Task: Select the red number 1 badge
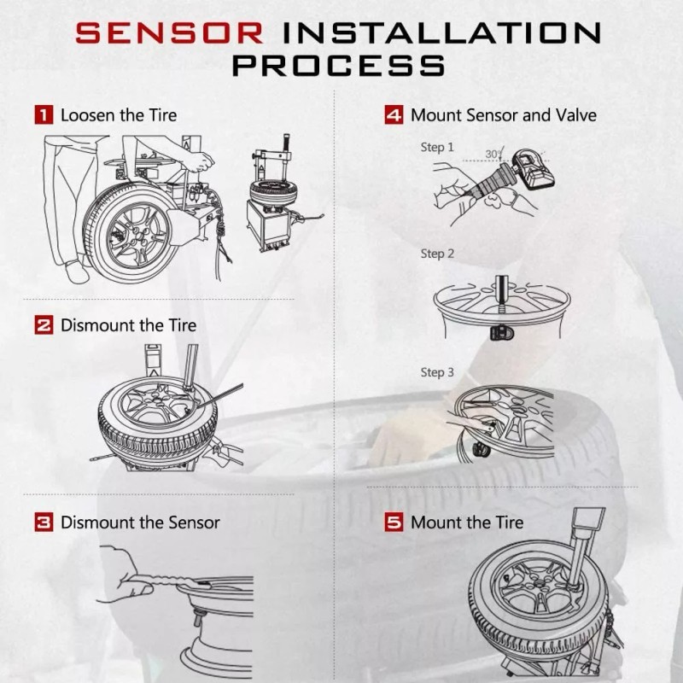click(44, 114)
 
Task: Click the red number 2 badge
click(44, 325)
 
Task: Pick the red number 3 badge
click(44, 522)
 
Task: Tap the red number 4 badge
click(394, 114)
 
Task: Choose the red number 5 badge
click(394, 522)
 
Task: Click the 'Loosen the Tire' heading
click(119, 114)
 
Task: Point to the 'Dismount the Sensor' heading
click(140, 522)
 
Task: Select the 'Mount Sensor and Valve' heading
click(503, 114)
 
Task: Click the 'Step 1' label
click(437, 147)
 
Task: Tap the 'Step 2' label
click(437, 254)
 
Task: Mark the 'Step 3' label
click(437, 372)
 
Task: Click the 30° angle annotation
click(493, 154)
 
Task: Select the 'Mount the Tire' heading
click(467, 522)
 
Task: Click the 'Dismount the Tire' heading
click(128, 325)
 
